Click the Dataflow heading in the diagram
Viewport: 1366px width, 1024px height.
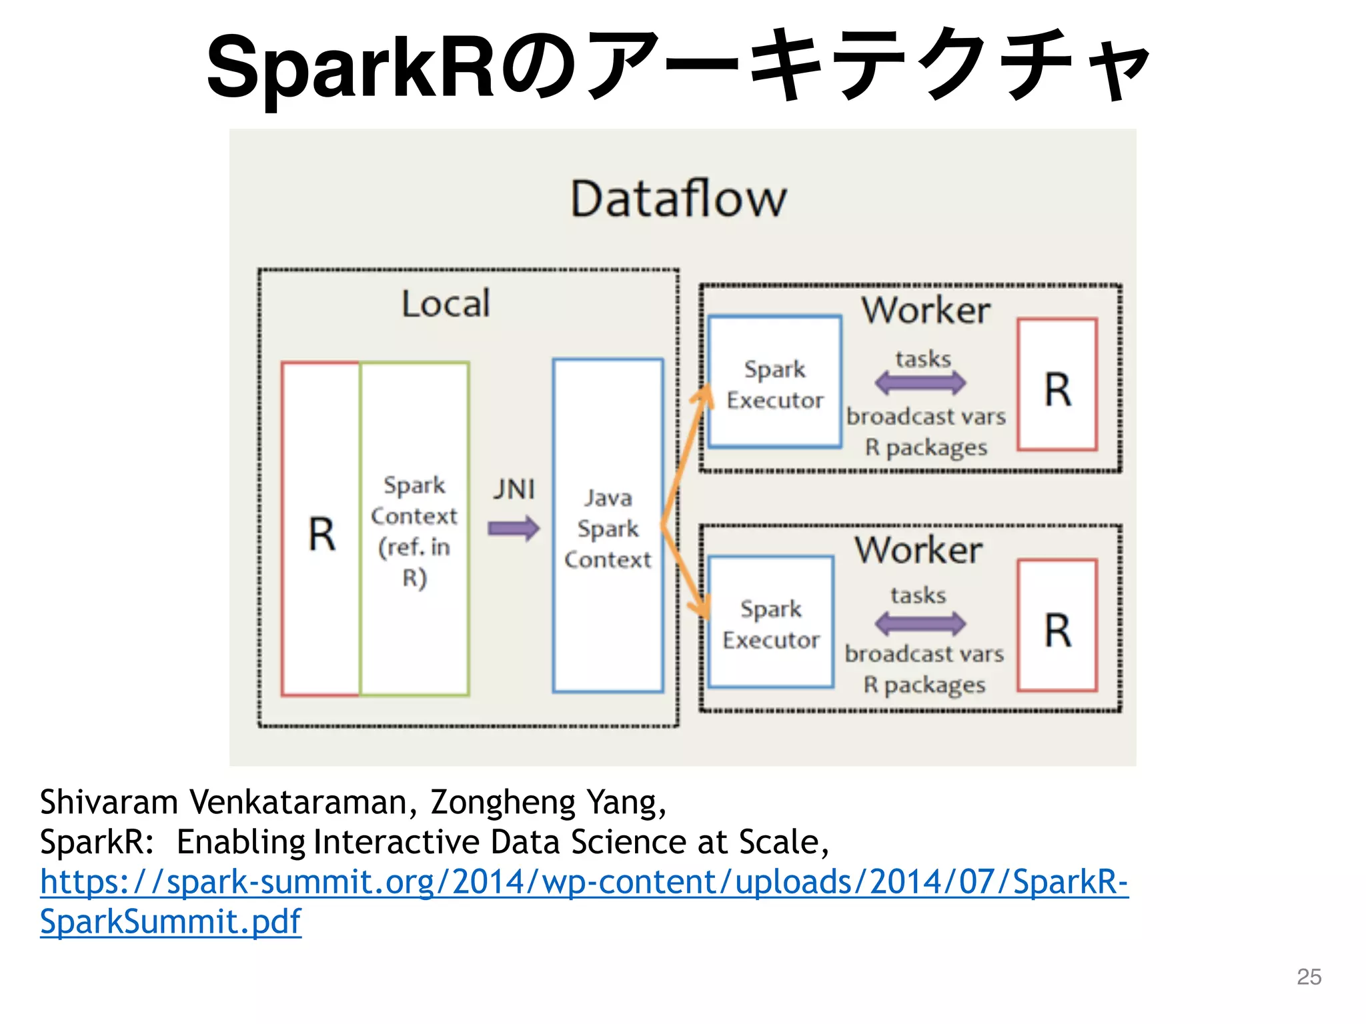coord(678,199)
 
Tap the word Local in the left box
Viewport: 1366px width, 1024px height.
coord(446,304)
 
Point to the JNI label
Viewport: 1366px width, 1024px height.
coord(514,489)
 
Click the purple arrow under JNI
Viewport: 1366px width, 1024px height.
coord(513,529)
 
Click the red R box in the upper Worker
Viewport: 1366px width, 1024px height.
coord(1057,385)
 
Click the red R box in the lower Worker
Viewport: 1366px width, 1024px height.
coord(1057,626)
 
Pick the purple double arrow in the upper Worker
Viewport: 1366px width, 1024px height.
coord(920,383)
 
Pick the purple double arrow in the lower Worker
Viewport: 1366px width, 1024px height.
coord(920,623)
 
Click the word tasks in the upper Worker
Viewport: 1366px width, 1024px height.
coord(923,359)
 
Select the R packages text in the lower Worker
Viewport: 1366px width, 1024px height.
coord(924,685)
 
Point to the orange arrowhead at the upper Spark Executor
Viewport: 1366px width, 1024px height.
coord(701,396)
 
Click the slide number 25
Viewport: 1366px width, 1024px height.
coord(1309,976)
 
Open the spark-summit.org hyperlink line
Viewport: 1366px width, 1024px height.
coord(584,881)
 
